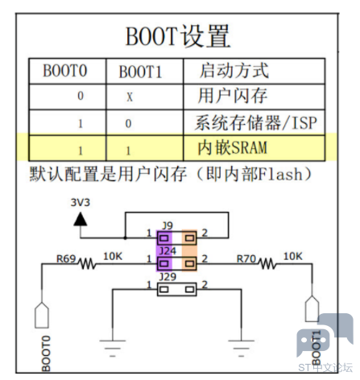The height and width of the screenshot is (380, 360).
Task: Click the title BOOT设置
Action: [178, 36]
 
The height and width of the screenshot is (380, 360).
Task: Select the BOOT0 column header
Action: [65, 71]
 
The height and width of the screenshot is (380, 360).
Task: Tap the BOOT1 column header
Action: [140, 72]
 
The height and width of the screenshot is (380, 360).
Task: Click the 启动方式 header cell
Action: [234, 70]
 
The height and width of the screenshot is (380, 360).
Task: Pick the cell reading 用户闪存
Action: [233, 96]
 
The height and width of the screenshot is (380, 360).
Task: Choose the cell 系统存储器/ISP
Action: [256, 122]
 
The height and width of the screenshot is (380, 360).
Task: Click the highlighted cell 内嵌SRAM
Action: [233, 147]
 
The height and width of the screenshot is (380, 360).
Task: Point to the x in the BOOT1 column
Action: [130, 97]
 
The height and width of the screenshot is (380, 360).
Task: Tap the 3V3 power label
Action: [81, 202]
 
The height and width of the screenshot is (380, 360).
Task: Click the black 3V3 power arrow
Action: [81, 219]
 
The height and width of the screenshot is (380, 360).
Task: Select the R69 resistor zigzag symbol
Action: [86, 263]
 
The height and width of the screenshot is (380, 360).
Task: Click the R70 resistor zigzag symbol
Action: [267, 263]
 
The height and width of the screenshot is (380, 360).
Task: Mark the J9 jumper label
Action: [168, 225]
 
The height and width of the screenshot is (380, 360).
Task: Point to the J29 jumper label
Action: [168, 276]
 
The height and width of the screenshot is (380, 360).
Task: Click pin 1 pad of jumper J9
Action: [164, 238]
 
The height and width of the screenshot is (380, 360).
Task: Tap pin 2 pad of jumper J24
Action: [189, 263]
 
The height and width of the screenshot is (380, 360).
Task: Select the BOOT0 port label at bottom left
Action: [46, 353]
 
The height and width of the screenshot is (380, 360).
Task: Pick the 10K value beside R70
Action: [293, 256]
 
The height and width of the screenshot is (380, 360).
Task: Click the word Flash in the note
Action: [280, 174]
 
